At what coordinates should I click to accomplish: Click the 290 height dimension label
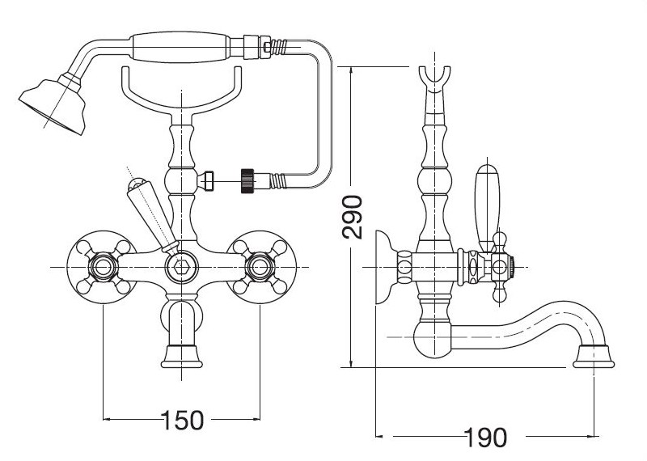point(352,217)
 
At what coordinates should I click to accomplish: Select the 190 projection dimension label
point(485,438)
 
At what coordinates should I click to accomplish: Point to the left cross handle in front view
point(103,265)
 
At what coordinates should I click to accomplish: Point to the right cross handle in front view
point(259,265)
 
